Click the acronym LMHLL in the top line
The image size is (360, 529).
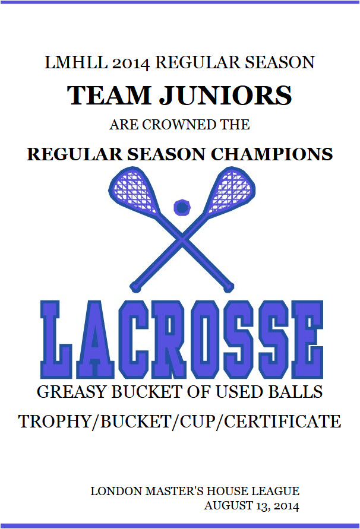(76, 62)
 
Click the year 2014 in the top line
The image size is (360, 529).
(131, 64)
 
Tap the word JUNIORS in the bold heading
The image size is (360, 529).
(225, 95)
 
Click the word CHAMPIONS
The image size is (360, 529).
(272, 154)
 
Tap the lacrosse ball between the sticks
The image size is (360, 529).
(182, 207)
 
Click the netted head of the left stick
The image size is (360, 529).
(134, 190)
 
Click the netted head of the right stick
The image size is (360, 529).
(231, 190)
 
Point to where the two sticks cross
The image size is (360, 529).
(182, 239)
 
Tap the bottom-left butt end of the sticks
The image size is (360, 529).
(135, 287)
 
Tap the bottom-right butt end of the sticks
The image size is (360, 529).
(229, 287)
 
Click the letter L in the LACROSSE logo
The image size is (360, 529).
(56, 340)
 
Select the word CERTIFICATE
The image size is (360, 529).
(283, 422)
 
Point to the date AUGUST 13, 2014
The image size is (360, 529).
(252, 506)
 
